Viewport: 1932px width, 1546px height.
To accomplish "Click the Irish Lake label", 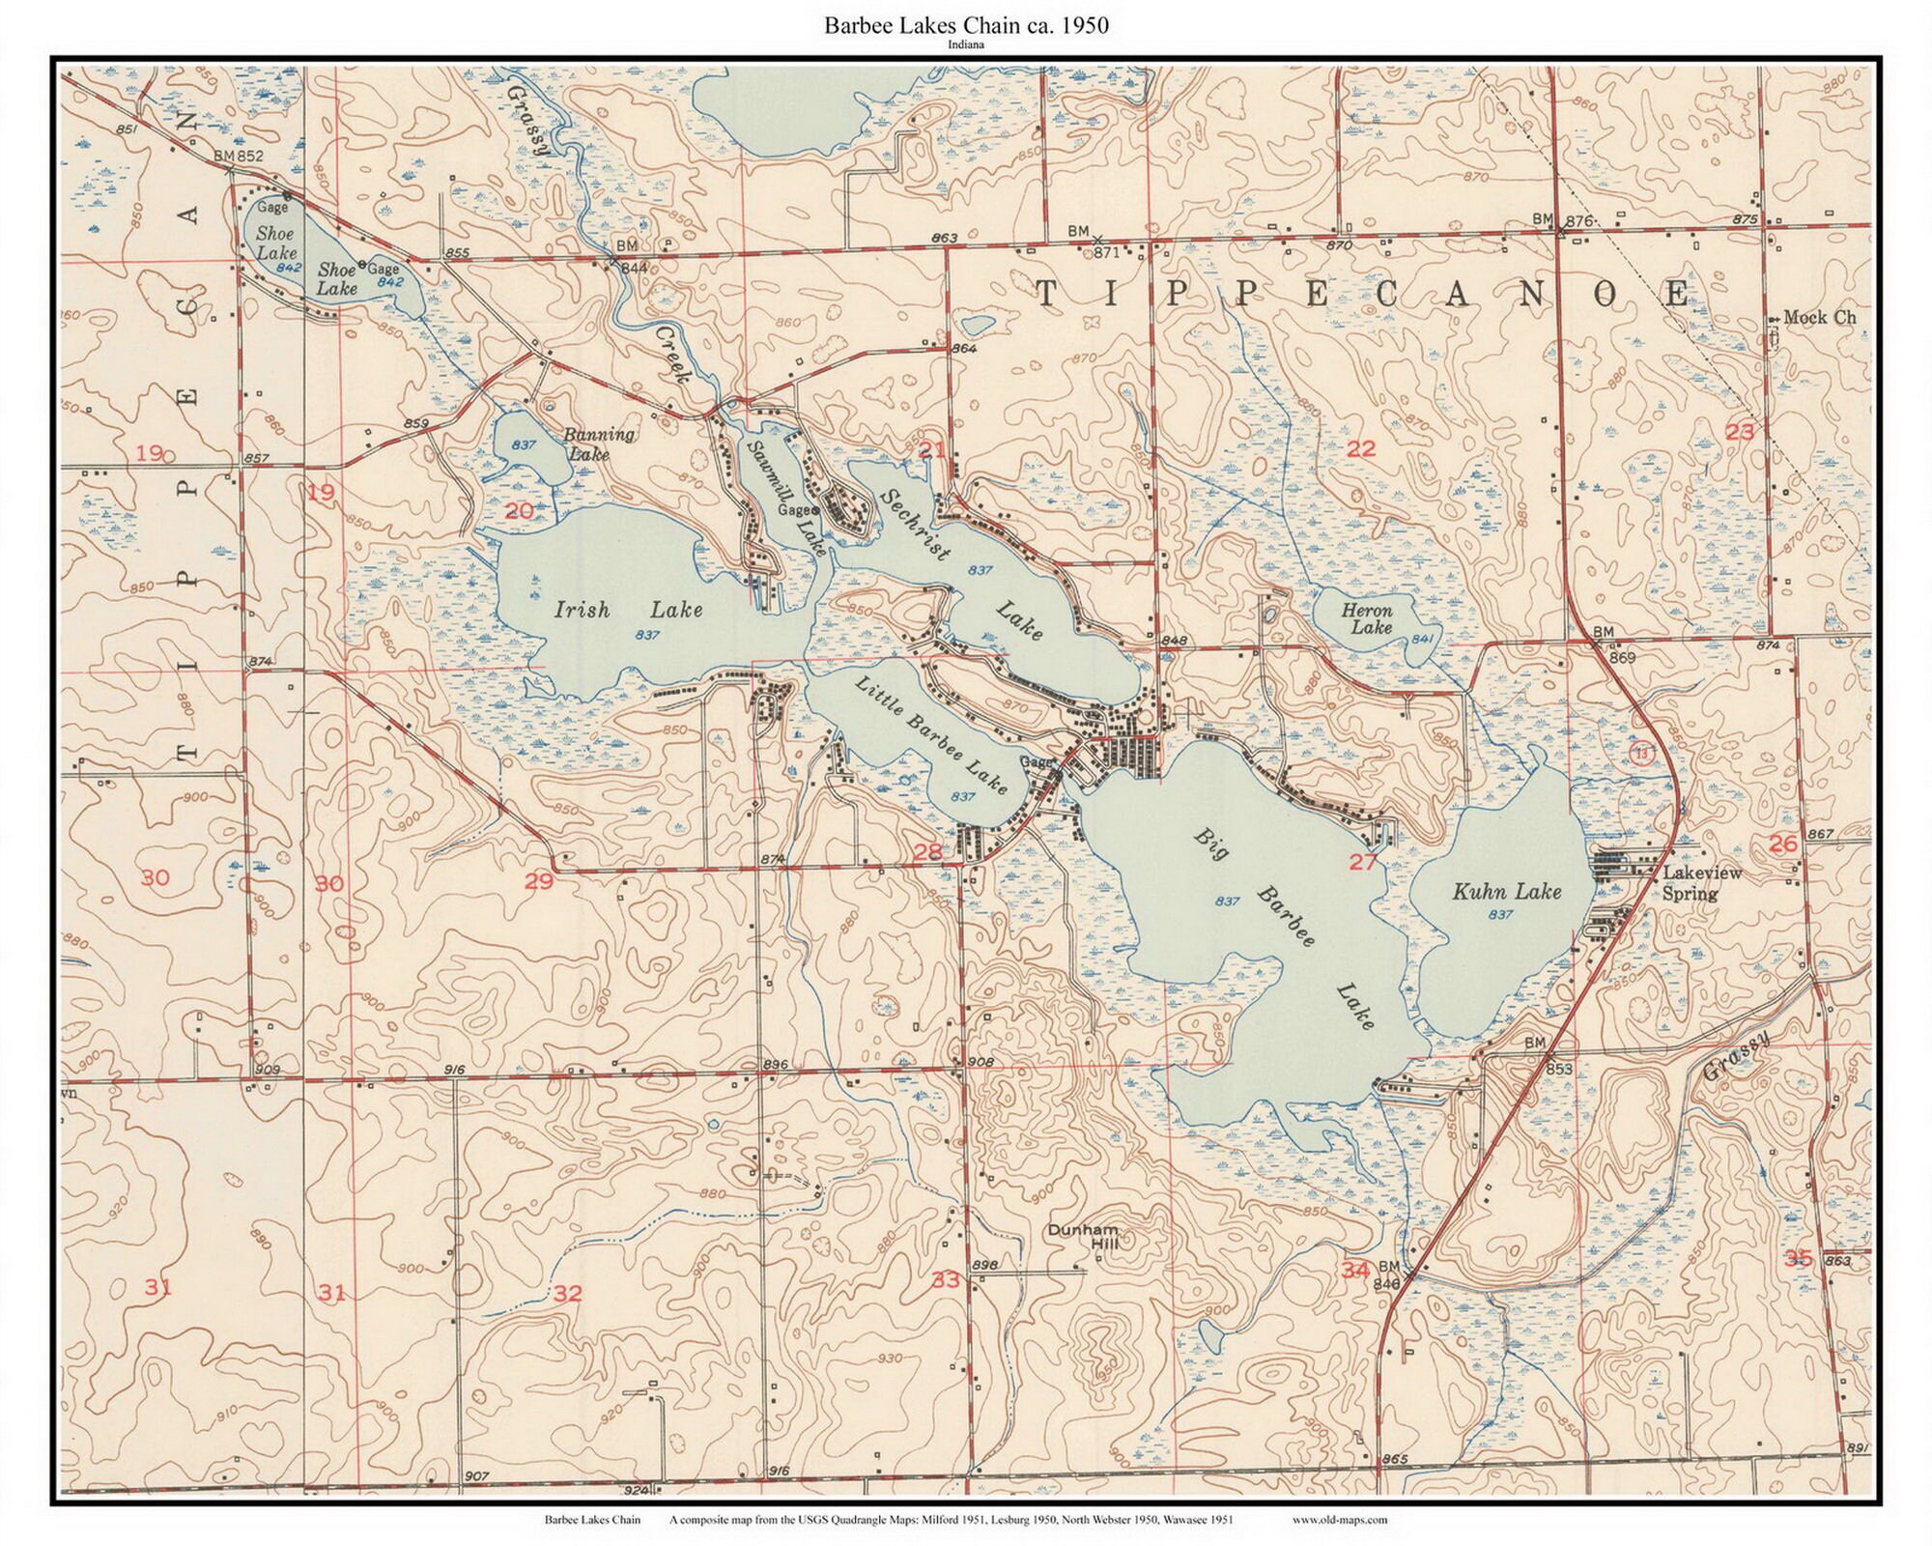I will pos(628,610).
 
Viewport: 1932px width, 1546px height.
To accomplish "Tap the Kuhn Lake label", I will pos(1506,891).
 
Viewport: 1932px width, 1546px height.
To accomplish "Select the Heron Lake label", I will pos(1368,618).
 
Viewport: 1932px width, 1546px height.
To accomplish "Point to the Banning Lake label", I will pos(599,443).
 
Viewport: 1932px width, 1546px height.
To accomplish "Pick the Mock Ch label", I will pos(1819,317).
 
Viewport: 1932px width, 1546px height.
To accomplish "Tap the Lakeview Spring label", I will pos(1701,883).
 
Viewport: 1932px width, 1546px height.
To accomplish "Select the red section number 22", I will pos(1360,448).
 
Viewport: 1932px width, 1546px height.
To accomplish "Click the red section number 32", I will pos(568,1293).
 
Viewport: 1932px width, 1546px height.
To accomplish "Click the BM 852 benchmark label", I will pos(238,156).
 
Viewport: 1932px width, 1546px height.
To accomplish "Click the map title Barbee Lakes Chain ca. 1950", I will pos(966,26).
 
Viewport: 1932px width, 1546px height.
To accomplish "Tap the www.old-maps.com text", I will pos(1339,1520).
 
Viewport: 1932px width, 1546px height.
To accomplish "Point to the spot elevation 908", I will pos(980,1062).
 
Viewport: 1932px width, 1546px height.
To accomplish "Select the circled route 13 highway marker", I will pos(1642,753).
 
